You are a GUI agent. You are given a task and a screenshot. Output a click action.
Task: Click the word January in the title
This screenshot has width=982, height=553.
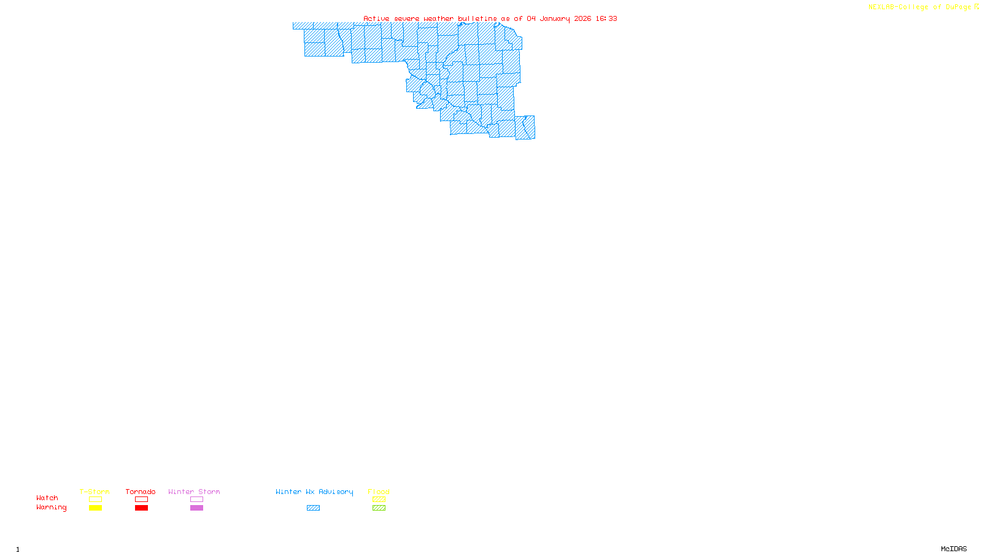coord(554,18)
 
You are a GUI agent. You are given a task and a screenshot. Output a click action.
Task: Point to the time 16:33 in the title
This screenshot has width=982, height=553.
coord(606,18)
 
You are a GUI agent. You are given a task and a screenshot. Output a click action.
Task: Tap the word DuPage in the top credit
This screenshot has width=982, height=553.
coord(958,7)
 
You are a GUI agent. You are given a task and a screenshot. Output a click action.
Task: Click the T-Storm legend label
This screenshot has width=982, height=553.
coord(95,492)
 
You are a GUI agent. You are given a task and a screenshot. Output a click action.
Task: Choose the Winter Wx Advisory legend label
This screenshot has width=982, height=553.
coord(314,492)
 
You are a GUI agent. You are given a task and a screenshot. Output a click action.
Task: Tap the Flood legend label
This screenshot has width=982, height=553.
coord(379,492)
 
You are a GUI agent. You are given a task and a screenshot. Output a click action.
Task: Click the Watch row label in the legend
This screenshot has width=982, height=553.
coord(47,498)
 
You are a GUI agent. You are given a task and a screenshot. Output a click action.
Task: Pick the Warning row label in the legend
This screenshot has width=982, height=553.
coord(52,508)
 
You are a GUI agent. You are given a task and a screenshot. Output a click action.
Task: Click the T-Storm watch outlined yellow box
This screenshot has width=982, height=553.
coord(95,500)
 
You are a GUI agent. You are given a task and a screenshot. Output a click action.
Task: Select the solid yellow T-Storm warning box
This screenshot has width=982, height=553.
coord(95,508)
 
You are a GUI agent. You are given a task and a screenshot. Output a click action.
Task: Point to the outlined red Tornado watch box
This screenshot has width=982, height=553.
coord(141,500)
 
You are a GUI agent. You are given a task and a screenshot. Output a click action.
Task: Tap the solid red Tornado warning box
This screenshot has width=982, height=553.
coord(141,508)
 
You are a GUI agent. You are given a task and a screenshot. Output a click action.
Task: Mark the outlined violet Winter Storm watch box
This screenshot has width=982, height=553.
coord(196,500)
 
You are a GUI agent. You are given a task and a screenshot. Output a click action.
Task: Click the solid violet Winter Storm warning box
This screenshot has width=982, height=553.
coord(196,508)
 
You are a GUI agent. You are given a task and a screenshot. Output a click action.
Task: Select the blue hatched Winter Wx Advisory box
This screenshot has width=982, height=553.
coord(313,508)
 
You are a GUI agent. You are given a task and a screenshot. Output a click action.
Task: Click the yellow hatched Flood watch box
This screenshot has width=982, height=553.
coord(379,500)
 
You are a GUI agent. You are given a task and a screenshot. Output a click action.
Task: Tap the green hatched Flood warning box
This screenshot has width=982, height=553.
coord(379,508)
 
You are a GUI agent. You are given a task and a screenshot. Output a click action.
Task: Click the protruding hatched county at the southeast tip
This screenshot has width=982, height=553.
coord(525,127)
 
